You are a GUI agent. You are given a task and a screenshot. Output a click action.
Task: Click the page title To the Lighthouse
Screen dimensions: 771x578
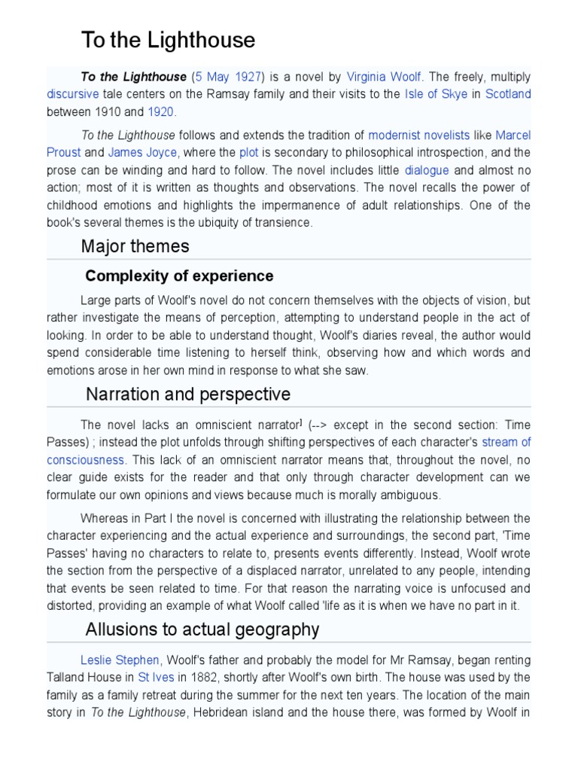[x=168, y=40]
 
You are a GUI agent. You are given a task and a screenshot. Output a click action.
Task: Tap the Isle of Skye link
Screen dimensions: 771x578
[x=436, y=94]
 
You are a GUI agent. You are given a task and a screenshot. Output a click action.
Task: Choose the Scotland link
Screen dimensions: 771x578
[x=508, y=94]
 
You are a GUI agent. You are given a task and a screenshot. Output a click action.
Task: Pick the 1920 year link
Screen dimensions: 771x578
[x=160, y=112]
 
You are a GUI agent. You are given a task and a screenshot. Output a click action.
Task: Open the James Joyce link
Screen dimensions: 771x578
[x=142, y=153]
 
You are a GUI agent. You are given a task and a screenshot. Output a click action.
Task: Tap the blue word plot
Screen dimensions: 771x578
[x=248, y=153]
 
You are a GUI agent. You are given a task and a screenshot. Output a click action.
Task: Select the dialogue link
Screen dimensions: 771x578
[x=427, y=170]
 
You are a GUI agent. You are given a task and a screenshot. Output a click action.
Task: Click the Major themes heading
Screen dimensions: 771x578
[x=135, y=246]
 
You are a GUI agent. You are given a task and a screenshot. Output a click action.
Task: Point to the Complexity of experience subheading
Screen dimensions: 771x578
[x=179, y=276]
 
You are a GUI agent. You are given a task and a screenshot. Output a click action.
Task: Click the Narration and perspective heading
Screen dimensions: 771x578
[x=188, y=394]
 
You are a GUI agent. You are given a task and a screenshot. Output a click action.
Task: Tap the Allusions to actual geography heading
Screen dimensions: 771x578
[x=202, y=629]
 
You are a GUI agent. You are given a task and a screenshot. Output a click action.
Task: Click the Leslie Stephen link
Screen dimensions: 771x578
[x=119, y=660]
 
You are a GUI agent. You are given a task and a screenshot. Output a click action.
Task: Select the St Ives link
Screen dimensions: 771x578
[x=156, y=678]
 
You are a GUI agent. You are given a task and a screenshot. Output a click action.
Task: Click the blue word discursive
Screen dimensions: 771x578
[x=72, y=94]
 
